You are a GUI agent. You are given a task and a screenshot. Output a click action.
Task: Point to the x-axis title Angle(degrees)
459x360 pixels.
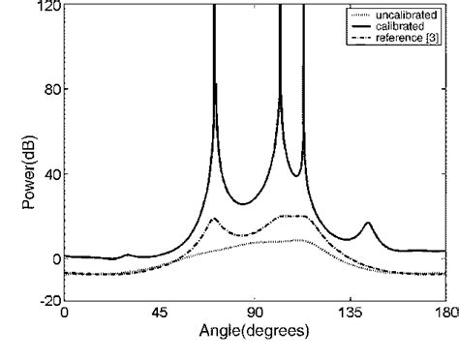(254, 332)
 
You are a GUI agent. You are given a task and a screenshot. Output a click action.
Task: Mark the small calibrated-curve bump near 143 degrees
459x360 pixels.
(367, 224)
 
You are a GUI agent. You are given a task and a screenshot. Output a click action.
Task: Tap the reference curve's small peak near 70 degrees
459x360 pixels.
(214, 219)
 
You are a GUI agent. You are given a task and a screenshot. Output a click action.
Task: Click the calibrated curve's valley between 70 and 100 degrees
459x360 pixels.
(244, 203)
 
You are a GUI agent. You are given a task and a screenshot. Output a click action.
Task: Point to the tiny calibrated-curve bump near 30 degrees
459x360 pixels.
(128, 255)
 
